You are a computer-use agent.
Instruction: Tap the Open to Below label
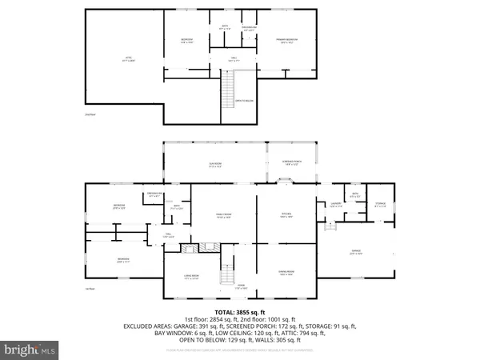tap(243, 101)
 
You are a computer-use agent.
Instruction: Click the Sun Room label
tap(214, 166)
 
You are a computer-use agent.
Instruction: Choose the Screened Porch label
tap(290, 166)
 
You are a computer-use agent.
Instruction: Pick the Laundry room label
tap(334, 206)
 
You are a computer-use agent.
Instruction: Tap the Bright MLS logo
tap(31, 350)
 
